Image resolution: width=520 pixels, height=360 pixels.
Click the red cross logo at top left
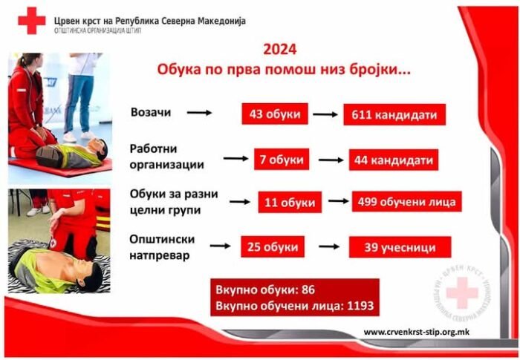click(32, 21)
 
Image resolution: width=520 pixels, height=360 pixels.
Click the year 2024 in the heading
click(280, 50)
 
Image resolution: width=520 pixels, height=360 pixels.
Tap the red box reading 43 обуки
click(275, 114)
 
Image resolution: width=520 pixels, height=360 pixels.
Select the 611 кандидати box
click(394, 115)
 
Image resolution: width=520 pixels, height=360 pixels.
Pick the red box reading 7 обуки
click(282, 160)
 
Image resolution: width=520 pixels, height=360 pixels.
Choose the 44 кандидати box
click(394, 160)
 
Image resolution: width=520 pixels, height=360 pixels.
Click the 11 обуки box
click(290, 202)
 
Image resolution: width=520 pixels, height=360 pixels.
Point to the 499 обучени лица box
click(407, 202)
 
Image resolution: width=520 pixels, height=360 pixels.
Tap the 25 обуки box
click(273, 246)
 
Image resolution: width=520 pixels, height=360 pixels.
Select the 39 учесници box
click(400, 247)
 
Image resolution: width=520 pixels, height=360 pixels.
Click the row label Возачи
click(151, 112)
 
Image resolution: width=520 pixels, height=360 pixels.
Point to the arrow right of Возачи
click(199, 113)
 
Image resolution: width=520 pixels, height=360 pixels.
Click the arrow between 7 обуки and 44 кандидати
click(331, 160)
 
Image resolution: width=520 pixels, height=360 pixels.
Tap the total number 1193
click(360, 305)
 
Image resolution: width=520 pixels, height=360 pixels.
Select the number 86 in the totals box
click(308, 289)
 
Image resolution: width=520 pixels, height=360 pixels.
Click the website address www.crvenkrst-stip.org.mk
click(417, 332)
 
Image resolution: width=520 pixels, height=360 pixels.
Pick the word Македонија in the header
click(221, 21)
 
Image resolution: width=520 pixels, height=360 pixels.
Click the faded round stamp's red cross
click(462, 293)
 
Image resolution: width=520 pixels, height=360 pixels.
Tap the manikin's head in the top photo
click(100, 149)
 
